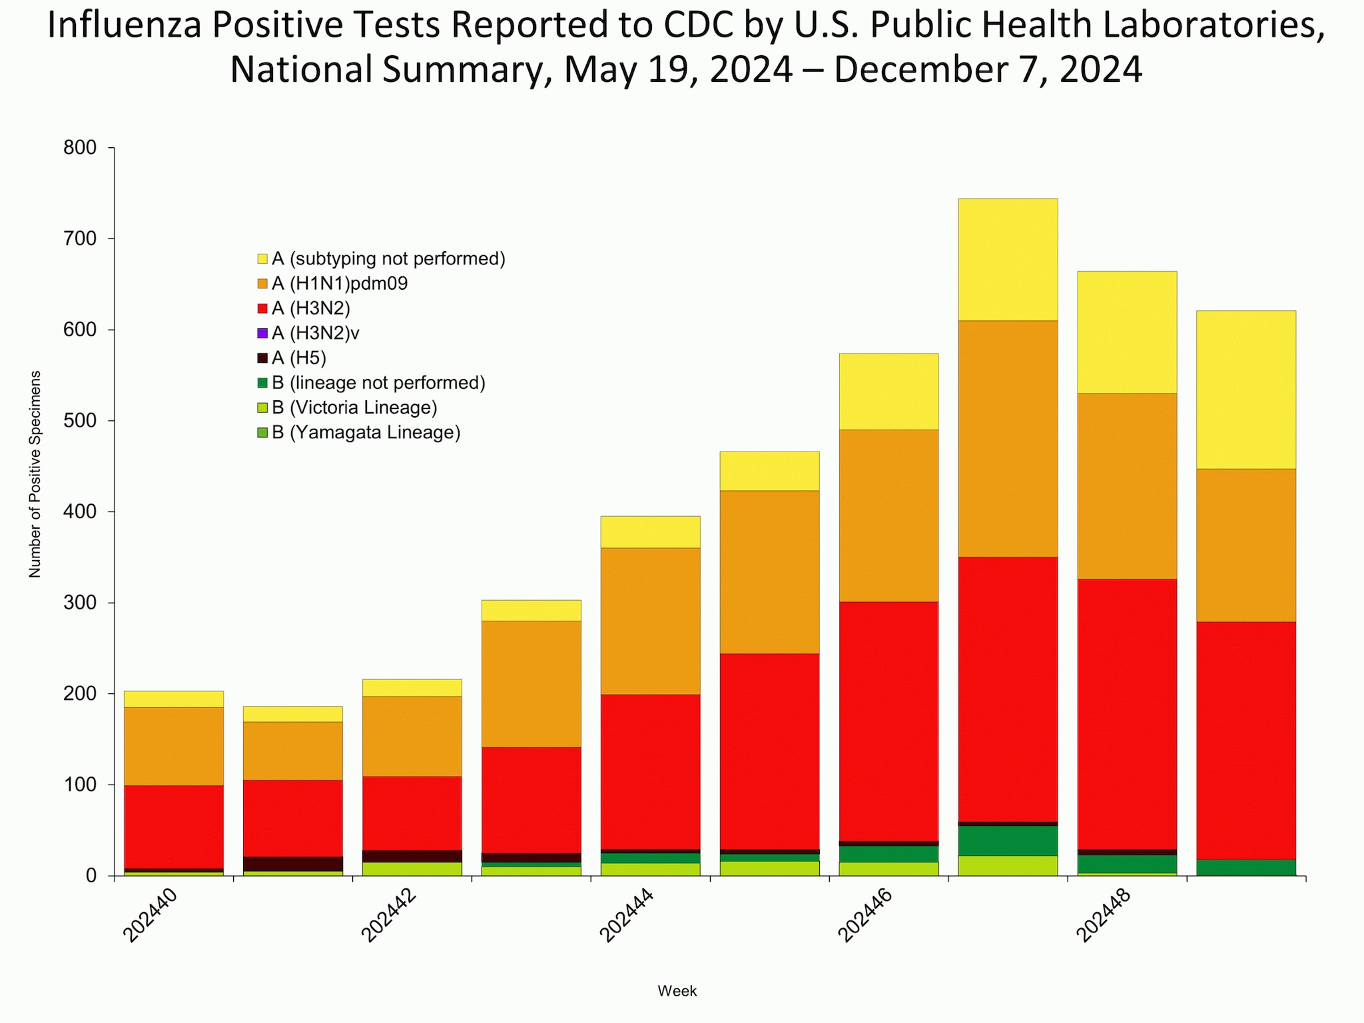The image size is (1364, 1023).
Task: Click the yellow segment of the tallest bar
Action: (1008, 259)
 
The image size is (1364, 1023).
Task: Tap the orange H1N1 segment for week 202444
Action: (650, 621)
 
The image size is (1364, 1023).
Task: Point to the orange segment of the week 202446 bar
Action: (888, 515)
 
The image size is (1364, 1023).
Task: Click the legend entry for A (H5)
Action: (298, 358)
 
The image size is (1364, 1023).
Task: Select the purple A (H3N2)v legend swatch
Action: (262, 333)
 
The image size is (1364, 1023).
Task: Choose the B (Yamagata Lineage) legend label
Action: (366, 433)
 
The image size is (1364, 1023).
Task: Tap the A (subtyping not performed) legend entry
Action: (388, 258)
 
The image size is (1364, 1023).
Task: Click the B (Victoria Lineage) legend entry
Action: (354, 408)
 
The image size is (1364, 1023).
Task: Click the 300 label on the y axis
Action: (81, 603)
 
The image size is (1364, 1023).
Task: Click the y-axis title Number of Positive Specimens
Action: (35, 474)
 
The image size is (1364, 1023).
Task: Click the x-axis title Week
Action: (677, 991)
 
